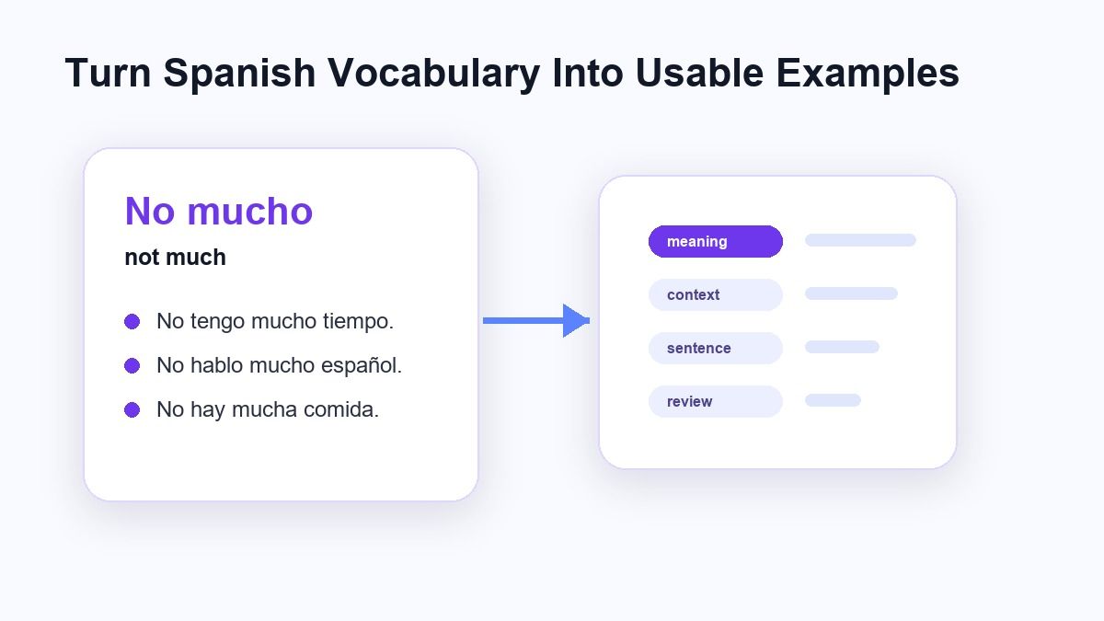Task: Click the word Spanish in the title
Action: (239, 74)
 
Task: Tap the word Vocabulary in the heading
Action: (433, 74)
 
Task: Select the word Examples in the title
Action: (868, 74)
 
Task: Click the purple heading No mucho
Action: (219, 211)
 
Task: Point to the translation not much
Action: (176, 258)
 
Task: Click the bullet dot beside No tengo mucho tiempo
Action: (132, 321)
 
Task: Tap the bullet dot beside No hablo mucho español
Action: (132, 366)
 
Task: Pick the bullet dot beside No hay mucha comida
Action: (132, 409)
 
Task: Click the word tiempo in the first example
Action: (358, 322)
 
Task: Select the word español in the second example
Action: (362, 366)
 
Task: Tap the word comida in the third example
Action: (341, 409)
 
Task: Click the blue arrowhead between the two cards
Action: (576, 321)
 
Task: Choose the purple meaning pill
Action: (715, 241)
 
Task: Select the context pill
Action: (715, 294)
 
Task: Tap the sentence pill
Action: (715, 348)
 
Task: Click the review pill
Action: (715, 401)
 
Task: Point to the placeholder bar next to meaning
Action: (860, 240)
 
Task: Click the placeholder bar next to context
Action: (851, 293)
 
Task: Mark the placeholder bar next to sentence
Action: (842, 347)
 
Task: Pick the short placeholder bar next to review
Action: (833, 399)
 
